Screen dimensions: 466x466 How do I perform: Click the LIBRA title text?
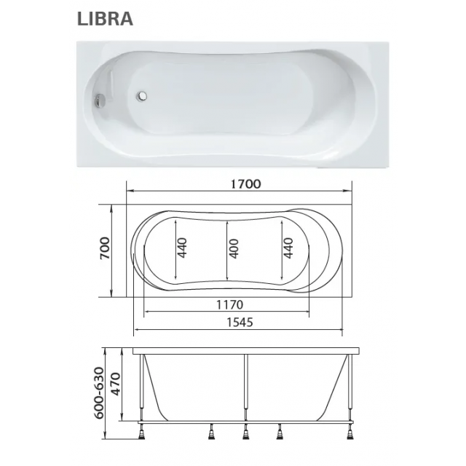105,19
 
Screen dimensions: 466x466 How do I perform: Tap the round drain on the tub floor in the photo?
141,95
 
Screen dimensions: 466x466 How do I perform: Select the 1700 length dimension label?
246,184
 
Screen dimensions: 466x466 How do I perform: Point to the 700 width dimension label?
105,248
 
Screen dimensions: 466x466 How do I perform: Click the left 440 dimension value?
182,248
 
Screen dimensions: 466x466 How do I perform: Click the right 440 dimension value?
288,248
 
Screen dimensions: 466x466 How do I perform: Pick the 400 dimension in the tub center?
234,248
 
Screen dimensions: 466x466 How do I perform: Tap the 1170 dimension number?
229,304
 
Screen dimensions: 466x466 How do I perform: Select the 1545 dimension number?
240,322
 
